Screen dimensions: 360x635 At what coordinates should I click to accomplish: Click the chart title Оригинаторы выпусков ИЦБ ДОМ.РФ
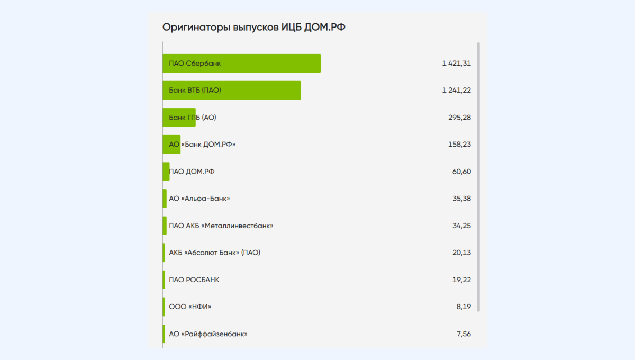click(253, 27)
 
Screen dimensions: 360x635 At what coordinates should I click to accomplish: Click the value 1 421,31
click(456, 64)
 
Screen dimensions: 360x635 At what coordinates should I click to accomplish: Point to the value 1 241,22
click(456, 91)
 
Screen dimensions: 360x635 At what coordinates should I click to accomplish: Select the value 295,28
click(459, 118)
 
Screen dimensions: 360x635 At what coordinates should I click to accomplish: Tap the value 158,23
click(459, 145)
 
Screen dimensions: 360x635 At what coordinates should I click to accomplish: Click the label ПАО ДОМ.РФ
click(192, 172)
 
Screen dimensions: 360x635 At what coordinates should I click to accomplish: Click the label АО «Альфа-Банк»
click(199, 199)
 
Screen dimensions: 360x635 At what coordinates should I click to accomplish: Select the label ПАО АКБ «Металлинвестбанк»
click(221, 226)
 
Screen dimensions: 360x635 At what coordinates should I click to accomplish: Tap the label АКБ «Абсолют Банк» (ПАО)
click(214, 253)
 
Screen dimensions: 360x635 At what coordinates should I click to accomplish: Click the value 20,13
click(461, 253)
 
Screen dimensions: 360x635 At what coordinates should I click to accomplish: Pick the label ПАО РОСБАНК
click(194, 280)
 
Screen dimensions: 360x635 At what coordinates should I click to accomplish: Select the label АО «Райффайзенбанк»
click(208, 334)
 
